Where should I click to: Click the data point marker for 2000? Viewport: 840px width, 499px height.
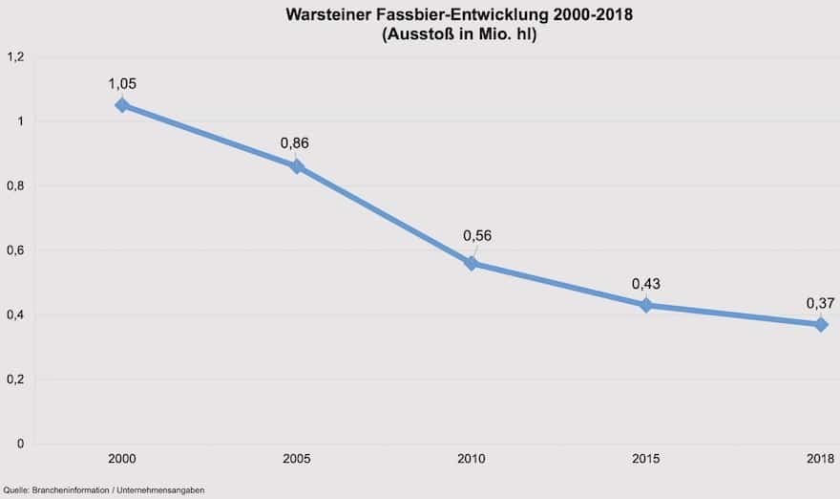tap(121, 105)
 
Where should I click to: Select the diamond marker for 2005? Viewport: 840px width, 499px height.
tap(297, 166)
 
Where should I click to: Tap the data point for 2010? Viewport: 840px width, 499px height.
tap(471, 263)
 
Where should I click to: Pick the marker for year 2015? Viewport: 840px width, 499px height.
tap(646, 305)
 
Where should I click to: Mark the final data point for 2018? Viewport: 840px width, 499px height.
tap(821, 324)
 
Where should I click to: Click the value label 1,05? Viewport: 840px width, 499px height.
tap(121, 83)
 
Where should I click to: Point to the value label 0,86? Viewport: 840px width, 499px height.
tap(295, 143)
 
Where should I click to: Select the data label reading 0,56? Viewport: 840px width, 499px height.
tap(477, 236)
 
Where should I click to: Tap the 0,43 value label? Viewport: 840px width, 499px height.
tap(646, 284)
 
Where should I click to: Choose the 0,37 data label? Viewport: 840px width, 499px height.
tap(820, 303)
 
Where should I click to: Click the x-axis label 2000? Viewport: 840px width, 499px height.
tap(121, 460)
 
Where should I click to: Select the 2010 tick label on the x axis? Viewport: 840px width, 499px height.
tap(471, 460)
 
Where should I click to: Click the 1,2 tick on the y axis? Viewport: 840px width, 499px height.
tap(15, 57)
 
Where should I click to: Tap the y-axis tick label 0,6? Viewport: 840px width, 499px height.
tap(15, 250)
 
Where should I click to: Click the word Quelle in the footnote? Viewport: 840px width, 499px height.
tap(16, 489)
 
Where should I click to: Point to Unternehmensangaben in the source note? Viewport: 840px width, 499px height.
tap(163, 489)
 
